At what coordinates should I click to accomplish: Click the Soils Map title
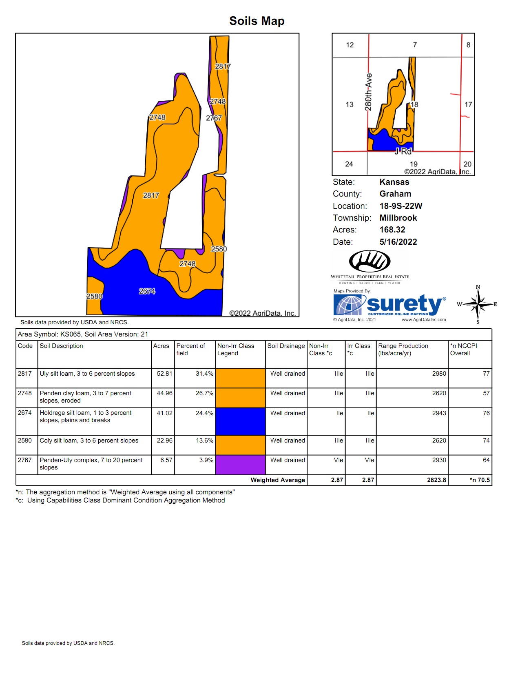tap(257, 21)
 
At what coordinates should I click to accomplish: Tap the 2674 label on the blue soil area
tap(147, 291)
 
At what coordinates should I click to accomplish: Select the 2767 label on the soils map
tap(214, 118)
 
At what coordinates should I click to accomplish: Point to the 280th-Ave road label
tap(368, 92)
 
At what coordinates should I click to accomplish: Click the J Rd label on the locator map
tap(403, 151)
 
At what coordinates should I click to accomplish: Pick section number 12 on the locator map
tap(350, 45)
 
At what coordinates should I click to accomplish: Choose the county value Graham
tap(395, 194)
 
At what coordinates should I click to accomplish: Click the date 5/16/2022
tap(398, 242)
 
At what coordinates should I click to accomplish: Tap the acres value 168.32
tap(392, 230)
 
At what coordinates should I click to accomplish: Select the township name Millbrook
tap(398, 218)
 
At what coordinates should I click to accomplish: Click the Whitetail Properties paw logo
tap(370, 261)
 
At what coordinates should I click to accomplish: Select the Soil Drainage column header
tap(286, 346)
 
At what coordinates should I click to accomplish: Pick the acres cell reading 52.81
tap(164, 374)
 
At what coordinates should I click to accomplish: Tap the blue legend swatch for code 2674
tap(240, 421)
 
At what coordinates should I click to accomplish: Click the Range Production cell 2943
tap(439, 413)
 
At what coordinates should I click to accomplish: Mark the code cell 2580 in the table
tap(25, 441)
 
